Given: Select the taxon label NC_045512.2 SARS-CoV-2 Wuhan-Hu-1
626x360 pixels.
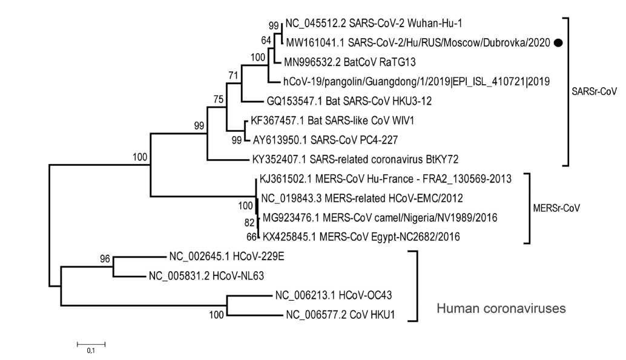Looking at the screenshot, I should click(355, 26).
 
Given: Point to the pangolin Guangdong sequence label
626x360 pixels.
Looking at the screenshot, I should click(417, 80).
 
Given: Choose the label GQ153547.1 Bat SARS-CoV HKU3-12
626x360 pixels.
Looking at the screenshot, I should click(350, 100).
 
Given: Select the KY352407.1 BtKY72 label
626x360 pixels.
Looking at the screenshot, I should click(355, 160).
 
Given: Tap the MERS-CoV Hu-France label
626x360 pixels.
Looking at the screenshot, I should click(386, 179).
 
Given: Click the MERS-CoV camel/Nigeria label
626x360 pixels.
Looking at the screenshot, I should click(378, 217).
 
